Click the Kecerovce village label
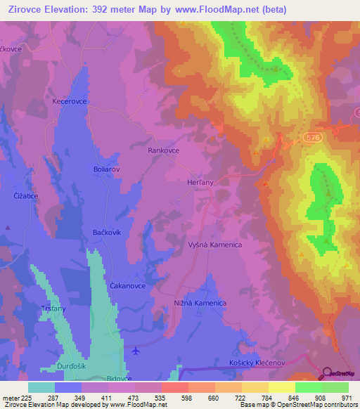tap(69, 101)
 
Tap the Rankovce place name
tap(164, 150)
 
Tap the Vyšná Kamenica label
tap(215, 245)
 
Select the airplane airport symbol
tap(136, 351)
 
